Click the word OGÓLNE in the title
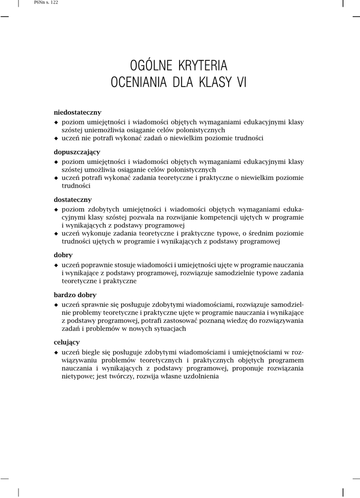point(147,65)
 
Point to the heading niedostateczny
point(77,112)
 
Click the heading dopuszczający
point(76,152)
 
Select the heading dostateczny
point(72,199)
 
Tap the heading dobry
point(63,255)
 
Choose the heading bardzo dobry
point(75,295)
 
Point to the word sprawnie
point(95,304)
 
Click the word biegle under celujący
point(92,352)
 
